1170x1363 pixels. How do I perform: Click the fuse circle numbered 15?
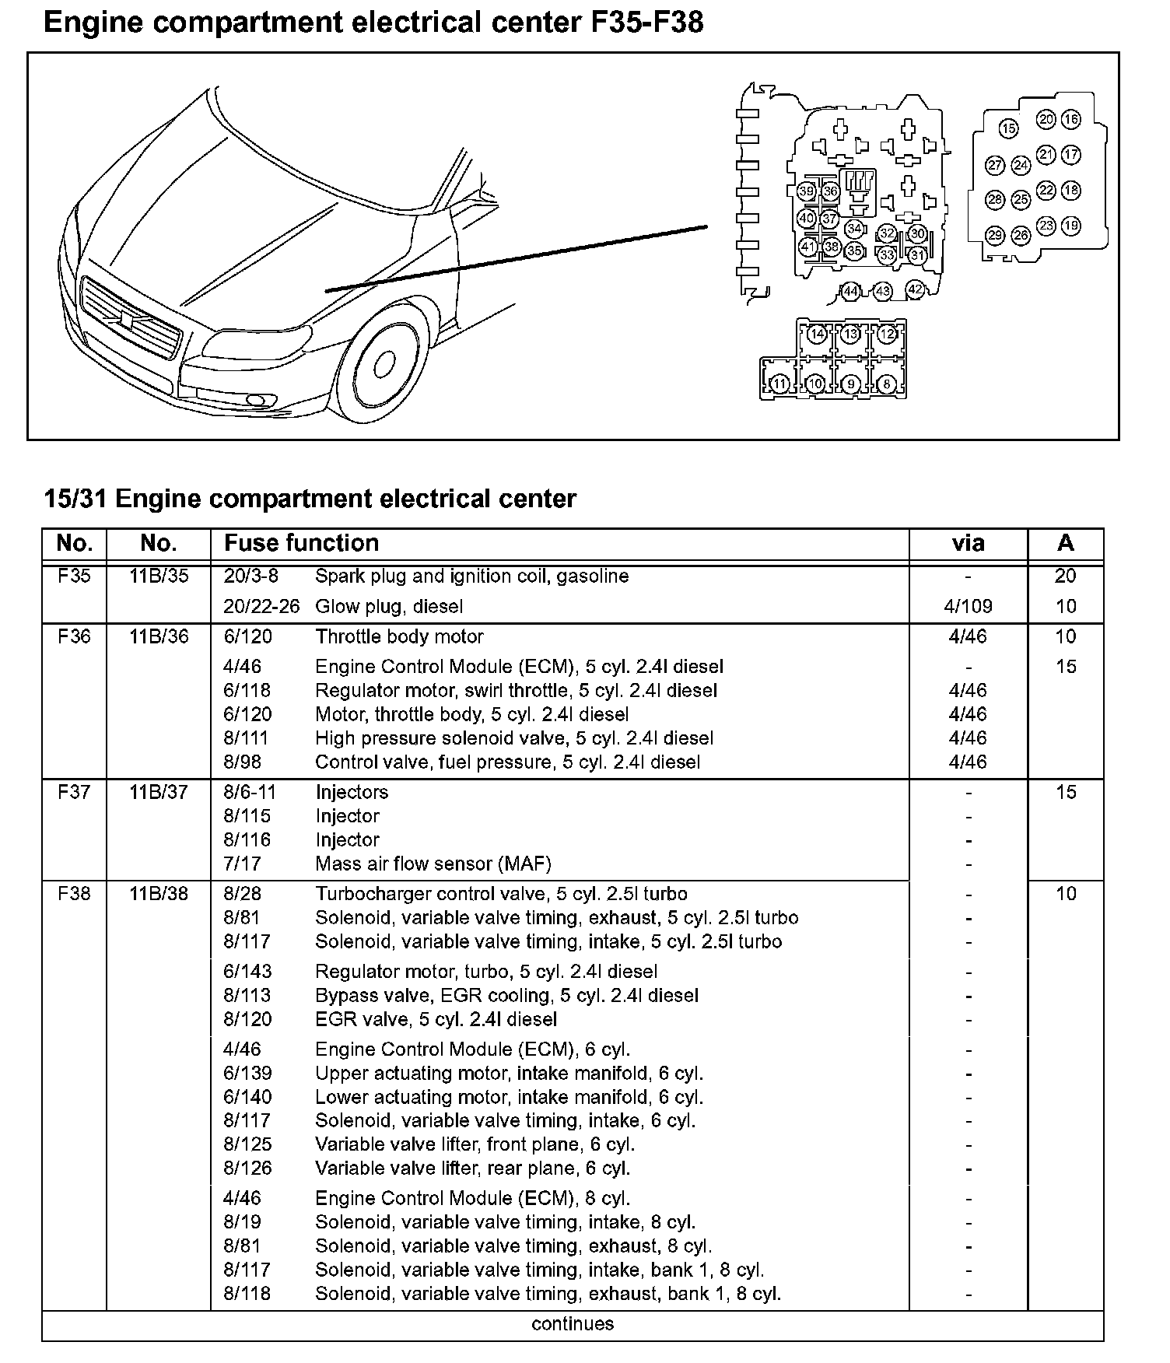1008,128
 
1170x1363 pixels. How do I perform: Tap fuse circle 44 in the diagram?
850,292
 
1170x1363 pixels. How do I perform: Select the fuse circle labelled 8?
886,384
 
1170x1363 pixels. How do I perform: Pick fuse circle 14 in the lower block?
816,335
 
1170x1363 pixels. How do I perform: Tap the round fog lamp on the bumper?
254,401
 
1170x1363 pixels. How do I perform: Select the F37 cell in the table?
74,792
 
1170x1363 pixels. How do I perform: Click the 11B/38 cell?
159,893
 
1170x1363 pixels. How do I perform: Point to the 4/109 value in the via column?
968,606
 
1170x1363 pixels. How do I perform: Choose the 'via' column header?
968,543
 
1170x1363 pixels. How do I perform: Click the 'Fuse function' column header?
302,543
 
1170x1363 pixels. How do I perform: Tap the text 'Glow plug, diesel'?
389,606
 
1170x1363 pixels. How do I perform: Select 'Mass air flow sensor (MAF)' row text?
433,864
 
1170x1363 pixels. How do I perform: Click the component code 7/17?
242,864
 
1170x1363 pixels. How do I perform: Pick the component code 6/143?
247,972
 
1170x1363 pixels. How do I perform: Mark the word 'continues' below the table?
573,1323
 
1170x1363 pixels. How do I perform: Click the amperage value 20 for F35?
1065,576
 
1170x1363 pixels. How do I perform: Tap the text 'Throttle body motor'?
399,636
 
